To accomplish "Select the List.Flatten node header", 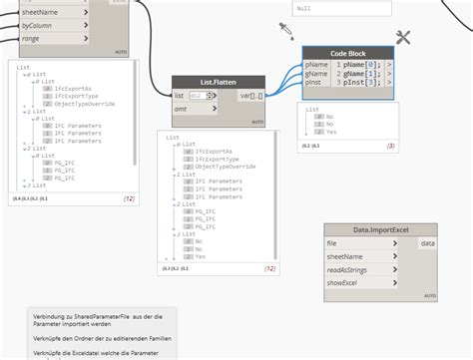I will pyautogui.click(x=218, y=83).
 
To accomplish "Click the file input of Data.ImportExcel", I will pyautogui.click(x=331, y=243).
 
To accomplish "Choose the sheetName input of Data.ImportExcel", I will pyautogui.click(x=344, y=256).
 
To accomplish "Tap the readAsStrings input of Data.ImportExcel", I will pyautogui.click(x=348, y=269).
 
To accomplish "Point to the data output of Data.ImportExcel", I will pyautogui.click(x=427, y=243).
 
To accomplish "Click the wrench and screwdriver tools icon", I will pyautogui.click(x=404, y=37).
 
